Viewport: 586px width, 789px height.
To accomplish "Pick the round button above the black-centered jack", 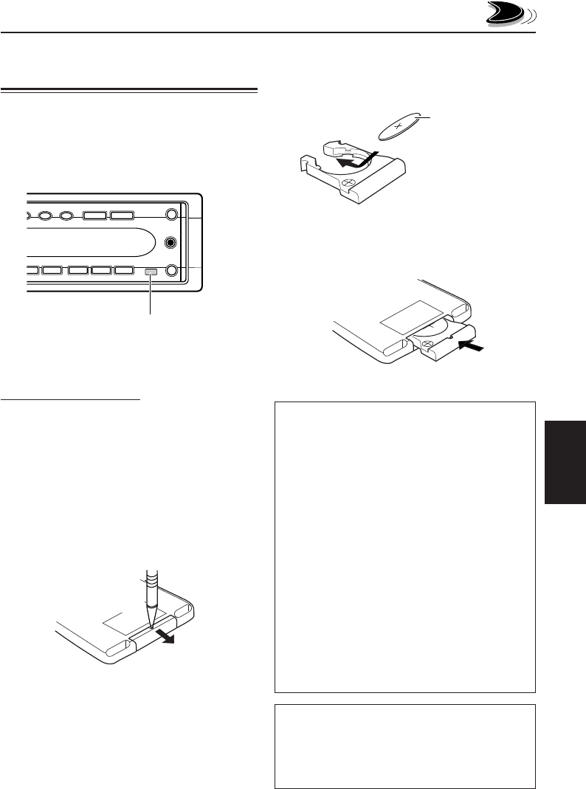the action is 172,216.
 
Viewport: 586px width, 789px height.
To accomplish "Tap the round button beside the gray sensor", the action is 172,271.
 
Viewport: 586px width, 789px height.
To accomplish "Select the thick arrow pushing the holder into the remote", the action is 472,344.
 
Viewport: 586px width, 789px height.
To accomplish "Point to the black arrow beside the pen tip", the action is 170,637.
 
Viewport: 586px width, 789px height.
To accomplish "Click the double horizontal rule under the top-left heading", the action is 129,92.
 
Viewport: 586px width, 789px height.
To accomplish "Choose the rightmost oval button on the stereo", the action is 66,216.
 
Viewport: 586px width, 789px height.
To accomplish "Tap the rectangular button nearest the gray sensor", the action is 125,271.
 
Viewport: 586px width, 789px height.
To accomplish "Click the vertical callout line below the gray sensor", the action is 150,295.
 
